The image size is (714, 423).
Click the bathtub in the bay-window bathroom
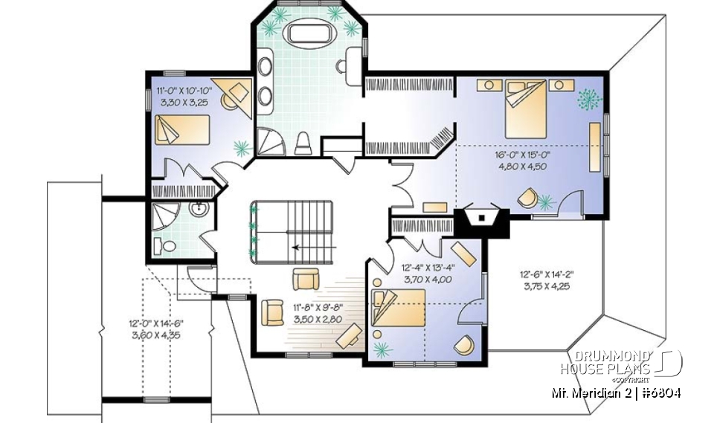click(306, 34)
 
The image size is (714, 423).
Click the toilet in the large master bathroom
click(303, 143)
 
